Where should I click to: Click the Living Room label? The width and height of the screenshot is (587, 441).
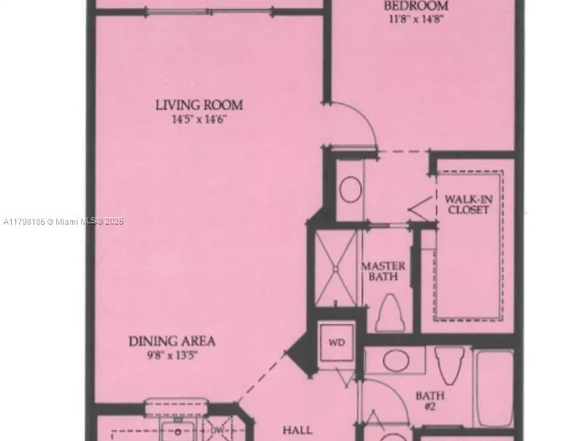pyautogui.click(x=199, y=105)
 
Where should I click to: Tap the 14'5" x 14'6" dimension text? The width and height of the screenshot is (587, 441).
pyautogui.click(x=199, y=119)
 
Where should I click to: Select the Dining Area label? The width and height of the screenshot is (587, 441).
pyautogui.click(x=172, y=341)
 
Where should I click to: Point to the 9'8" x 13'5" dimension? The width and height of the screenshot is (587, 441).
pyautogui.click(x=172, y=355)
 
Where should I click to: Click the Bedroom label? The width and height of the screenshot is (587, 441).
pyautogui.click(x=416, y=6)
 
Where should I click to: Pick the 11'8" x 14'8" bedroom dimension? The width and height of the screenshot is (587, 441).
pyautogui.click(x=416, y=19)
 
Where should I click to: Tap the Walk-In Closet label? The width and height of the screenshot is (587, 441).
pyautogui.click(x=468, y=205)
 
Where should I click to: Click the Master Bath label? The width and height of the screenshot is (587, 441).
pyautogui.click(x=383, y=271)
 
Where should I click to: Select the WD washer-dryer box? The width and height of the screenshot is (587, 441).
pyautogui.click(x=336, y=342)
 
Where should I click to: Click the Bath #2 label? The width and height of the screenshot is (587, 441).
pyautogui.click(x=430, y=400)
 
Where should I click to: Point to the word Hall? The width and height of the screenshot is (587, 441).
pyautogui.click(x=298, y=430)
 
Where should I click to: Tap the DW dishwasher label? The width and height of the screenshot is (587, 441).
pyautogui.click(x=217, y=430)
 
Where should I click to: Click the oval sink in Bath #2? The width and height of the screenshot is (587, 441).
pyautogui.click(x=396, y=360)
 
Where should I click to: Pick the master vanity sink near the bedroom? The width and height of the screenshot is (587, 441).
pyautogui.click(x=350, y=189)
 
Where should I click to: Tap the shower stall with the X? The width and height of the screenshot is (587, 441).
pyautogui.click(x=336, y=269)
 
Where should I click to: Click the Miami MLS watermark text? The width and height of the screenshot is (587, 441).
pyautogui.click(x=63, y=222)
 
